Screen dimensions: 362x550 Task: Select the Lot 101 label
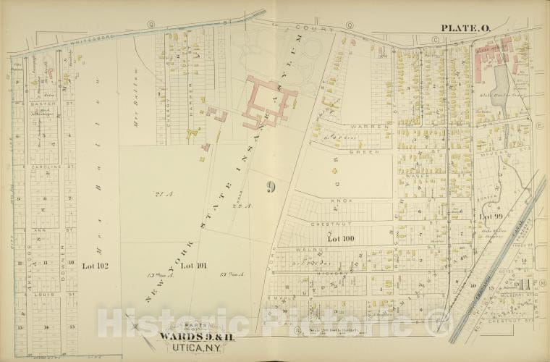[x=192, y=266]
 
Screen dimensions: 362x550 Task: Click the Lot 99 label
[x=491, y=216]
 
